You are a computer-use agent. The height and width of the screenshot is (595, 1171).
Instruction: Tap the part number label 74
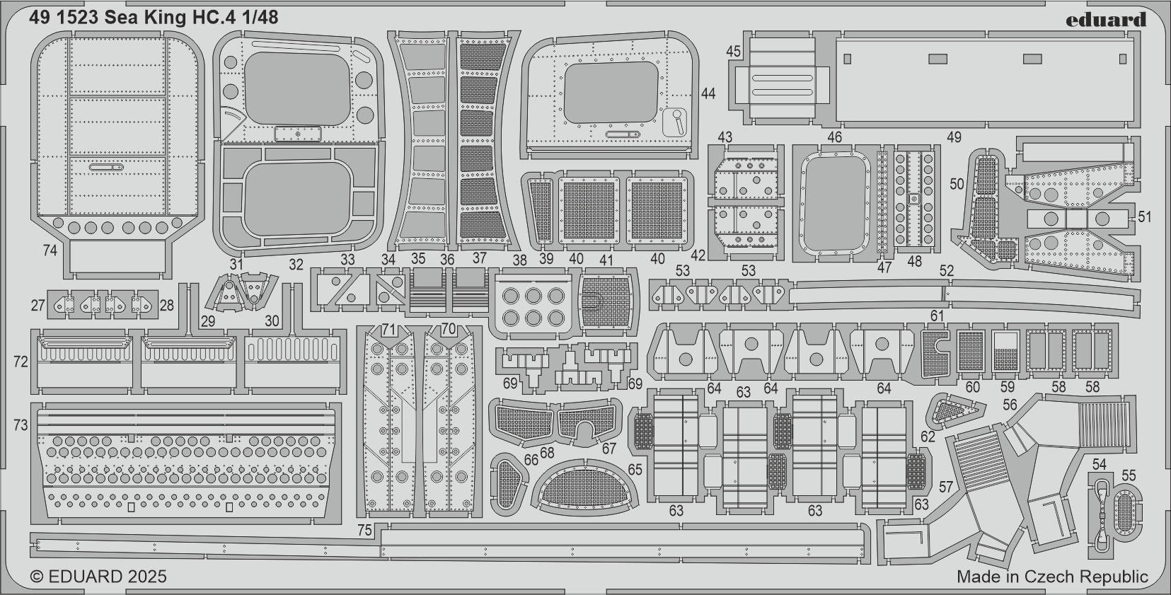pos(50,251)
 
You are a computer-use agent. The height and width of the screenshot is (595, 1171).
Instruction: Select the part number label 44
pos(708,93)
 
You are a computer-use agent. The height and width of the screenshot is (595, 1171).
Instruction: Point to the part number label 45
pos(734,51)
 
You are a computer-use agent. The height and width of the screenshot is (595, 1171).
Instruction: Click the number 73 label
pos(21,426)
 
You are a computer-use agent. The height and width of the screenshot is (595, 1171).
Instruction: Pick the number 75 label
pos(364,530)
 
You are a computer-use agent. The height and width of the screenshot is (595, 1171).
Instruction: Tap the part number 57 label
pos(946,487)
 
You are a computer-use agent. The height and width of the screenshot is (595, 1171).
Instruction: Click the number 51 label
pos(1144,216)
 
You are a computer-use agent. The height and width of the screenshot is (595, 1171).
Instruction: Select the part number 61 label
pos(937,316)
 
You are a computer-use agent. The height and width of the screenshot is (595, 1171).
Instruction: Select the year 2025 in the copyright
pos(146,577)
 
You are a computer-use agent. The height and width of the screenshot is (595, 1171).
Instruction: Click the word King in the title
pos(166,18)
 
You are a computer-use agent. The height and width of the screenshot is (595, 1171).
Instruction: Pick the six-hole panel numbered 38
pos(533,306)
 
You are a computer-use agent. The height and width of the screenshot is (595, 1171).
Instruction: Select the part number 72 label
pos(21,362)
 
